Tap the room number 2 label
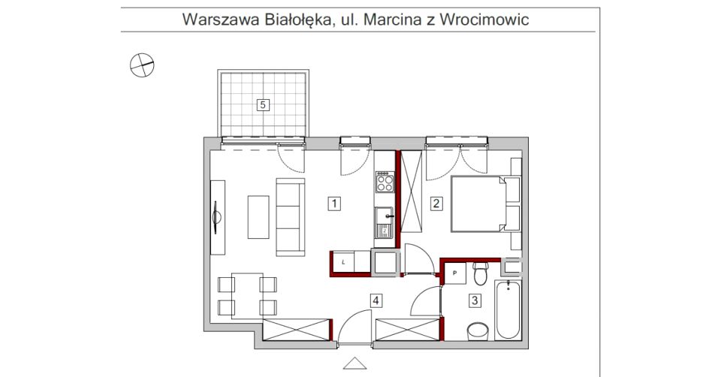435,202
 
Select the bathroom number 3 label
475,301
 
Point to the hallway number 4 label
377,301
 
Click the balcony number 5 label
263,104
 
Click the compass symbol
141,66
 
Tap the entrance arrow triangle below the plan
352,365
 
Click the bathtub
508,309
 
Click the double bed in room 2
478,203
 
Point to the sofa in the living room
291,216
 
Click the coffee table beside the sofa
258,216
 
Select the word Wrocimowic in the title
484,20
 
